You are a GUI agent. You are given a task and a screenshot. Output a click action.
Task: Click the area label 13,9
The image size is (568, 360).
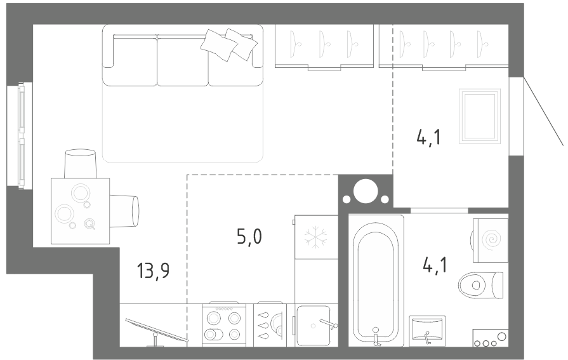pyautogui.click(x=153, y=271)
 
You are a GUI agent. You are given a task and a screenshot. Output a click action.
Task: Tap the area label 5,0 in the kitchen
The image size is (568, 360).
pyautogui.click(x=249, y=237)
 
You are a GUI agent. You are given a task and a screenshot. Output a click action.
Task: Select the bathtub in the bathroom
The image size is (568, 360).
pyautogui.click(x=376, y=281)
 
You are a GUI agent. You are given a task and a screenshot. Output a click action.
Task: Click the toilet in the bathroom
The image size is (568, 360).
pyautogui.click(x=480, y=285)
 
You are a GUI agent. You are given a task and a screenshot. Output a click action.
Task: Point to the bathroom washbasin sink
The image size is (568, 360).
pyautogui.click(x=427, y=331)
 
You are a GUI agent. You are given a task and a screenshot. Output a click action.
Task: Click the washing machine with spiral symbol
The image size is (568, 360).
pyautogui.click(x=490, y=240)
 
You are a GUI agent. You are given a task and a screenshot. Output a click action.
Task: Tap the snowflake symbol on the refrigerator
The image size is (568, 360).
pyautogui.click(x=315, y=237)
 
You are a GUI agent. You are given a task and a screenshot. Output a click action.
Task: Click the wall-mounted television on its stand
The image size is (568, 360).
pyautogui.click(x=157, y=331)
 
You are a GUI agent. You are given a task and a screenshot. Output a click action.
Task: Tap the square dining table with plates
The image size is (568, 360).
pyautogui.click(x=80, y=211)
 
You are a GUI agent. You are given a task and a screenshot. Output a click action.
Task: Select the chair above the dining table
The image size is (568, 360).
pyautogui.click(x=81, y=164)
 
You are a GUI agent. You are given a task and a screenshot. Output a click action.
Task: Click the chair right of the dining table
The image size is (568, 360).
pyautogui.click(x=124, y=211)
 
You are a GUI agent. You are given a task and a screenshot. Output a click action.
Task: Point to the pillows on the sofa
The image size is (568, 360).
pyautogui.click(x=229, y=44)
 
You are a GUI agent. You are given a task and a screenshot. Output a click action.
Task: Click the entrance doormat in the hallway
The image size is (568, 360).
pyautogui.click(x=480, y=116)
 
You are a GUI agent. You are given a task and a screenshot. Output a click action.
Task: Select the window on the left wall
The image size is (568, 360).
pyautogui.click(x=21, y=134)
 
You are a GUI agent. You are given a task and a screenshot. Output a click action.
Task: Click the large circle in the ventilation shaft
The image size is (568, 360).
pyautogui.click(x=366, y=190)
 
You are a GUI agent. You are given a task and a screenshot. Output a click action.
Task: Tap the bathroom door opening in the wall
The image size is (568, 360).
pyautogui.click(x=439, y=210)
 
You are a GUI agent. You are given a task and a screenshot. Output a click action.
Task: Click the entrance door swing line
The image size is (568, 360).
pyautogui.click(x=543, y=111)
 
